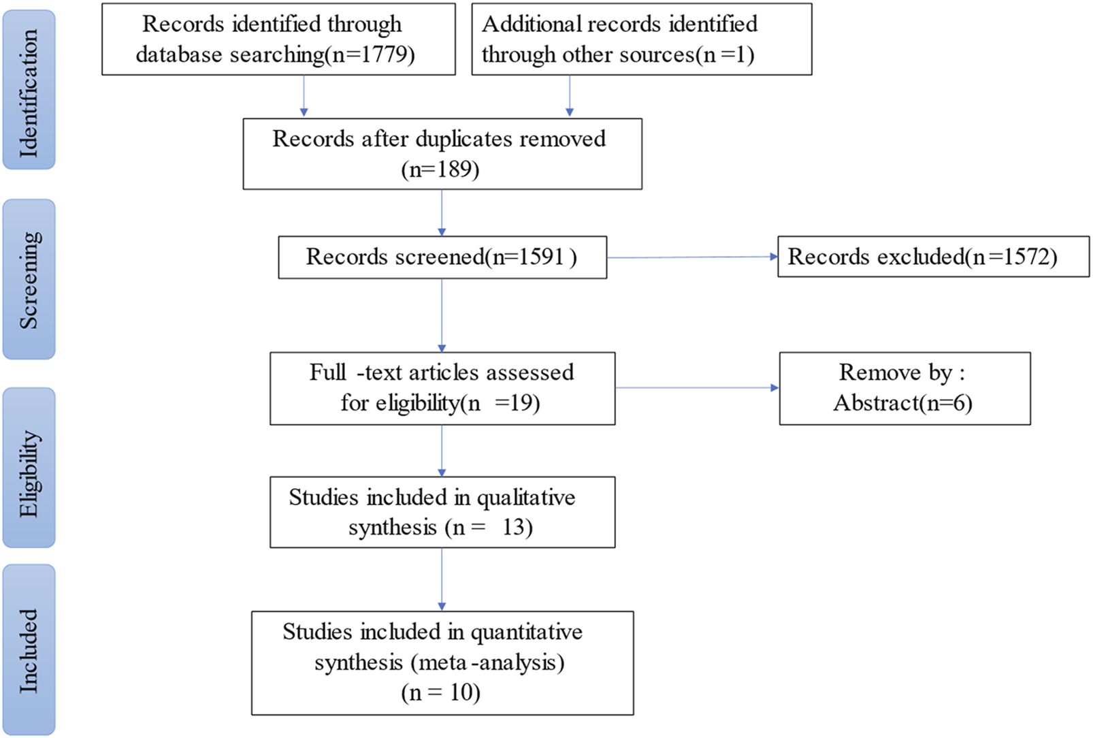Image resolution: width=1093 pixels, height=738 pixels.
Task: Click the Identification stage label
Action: [29, 89]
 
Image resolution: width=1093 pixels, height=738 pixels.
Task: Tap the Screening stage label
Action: [29, 279]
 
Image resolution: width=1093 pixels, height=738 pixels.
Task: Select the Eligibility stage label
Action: [29, 468]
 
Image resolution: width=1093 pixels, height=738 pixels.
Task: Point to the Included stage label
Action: [29, 650]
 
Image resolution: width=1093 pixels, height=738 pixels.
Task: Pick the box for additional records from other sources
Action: [641, 39]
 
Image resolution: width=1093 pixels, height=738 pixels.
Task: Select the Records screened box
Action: [442, 257]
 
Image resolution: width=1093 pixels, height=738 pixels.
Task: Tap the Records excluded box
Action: [933, 257]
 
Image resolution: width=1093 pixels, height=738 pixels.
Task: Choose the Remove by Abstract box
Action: [904, 388]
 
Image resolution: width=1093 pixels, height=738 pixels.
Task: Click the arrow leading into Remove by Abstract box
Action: [697, 388]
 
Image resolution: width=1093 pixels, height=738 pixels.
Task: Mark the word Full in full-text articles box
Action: [327, 372]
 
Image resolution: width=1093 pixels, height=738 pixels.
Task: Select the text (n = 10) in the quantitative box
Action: [441, 692]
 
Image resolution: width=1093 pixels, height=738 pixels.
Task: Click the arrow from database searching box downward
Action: [304, 95]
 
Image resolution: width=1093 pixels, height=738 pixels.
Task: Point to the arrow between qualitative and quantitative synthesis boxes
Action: [442, 579]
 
